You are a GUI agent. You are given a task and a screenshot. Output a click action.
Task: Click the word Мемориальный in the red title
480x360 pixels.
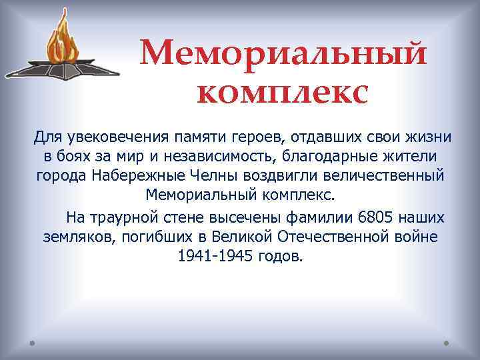click(283, 53)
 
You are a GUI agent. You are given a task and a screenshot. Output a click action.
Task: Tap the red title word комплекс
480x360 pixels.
click(283, 93)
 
